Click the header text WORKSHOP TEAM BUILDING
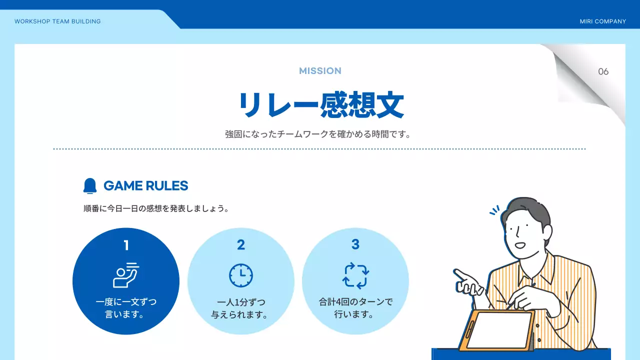[x=57, y=21]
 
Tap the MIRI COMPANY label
[x=602, y=21]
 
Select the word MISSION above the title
[x=320, y=71]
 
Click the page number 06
[x=603, y=71]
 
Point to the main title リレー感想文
[x=320, y=105]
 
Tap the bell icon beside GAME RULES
[x=90, y=185]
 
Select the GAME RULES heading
[x=145, y=186]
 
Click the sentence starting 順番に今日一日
[x=156, y=208]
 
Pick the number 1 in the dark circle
[x=126, y=245]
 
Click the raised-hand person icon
[x=126, y=275]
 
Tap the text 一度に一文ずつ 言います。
[x=126, y=308]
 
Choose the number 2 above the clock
[x=241, y=245]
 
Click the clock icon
[x=241, y=275]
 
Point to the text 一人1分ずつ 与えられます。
[x=241, y=308]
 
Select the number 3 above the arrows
[x=355, y=244]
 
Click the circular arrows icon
[x=355, y=275]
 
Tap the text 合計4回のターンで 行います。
[x=355, y=308]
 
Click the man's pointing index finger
[x=457, y=272]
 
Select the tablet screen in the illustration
[x=499, y=330]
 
